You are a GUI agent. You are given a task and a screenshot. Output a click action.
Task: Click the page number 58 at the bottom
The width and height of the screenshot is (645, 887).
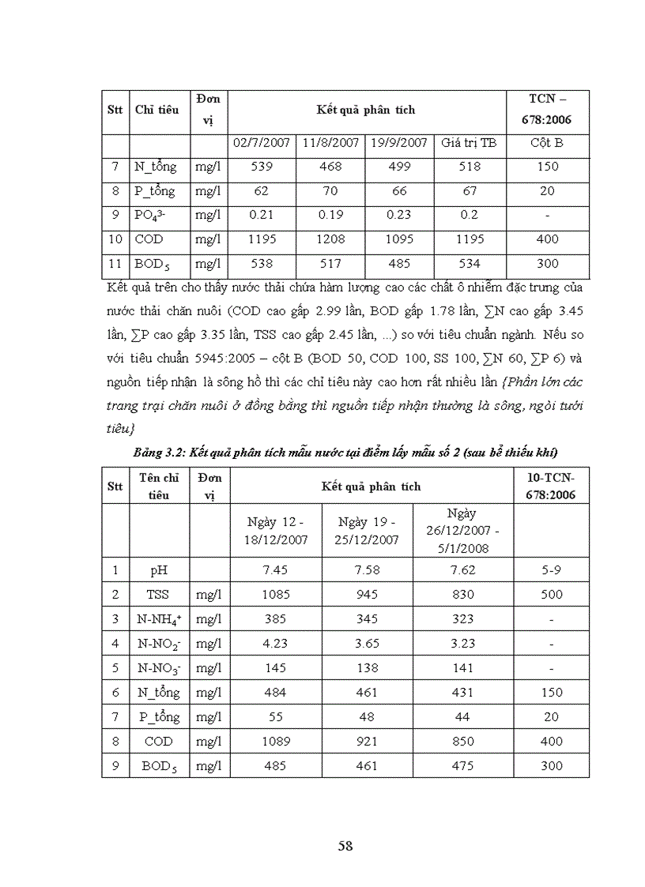345,846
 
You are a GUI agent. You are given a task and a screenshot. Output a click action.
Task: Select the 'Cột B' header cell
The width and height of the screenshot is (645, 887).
546,143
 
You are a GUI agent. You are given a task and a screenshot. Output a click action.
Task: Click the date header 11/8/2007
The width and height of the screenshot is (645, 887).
330,143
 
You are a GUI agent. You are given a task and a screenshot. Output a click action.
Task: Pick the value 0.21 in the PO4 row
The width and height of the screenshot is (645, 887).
262,215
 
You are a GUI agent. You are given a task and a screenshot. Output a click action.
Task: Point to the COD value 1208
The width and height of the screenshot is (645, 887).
330,239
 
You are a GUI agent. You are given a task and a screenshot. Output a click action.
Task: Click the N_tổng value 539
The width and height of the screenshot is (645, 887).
262,167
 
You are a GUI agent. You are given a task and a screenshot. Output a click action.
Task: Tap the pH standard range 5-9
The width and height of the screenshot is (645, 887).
551,569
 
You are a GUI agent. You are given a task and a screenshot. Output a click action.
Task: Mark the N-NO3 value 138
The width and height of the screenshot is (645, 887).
367,667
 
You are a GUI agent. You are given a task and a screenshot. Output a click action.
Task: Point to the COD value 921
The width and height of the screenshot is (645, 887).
367,741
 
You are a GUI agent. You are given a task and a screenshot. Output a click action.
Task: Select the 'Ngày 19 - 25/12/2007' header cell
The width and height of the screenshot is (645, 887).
367,531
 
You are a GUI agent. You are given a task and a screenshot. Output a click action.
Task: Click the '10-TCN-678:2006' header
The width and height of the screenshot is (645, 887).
551,486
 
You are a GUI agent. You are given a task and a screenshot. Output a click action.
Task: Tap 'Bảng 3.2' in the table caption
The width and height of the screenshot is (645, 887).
157,451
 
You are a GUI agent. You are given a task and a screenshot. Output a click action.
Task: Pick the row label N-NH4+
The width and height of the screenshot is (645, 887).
160,618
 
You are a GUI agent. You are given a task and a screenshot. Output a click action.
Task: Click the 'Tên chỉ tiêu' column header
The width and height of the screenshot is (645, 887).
160,486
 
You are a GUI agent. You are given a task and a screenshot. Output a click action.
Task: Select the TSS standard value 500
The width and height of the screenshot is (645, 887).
551,594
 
